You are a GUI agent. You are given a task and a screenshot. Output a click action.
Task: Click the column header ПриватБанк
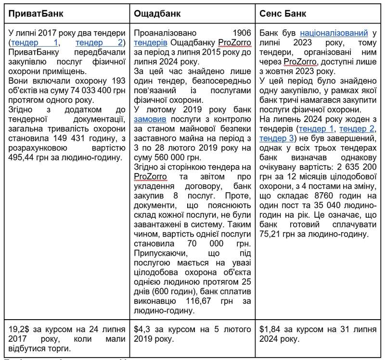coord(36,13)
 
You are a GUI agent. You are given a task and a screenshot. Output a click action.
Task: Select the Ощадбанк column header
coord(154,13)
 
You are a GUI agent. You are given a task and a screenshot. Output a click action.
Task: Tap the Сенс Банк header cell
coord(284,13)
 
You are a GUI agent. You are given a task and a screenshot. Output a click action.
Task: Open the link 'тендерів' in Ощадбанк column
coord(150,42)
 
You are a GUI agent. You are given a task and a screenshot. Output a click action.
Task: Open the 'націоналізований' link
coord(332,33)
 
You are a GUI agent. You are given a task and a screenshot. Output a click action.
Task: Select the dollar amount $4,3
coord(144,329)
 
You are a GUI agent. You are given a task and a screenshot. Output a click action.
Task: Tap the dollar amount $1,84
coord(270,329)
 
